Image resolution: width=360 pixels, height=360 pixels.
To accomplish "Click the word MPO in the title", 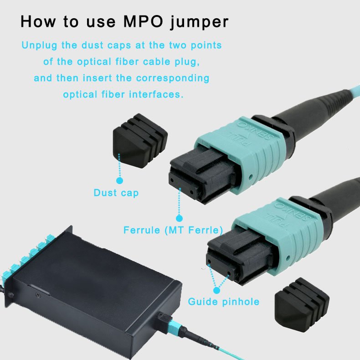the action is (x=143, y=21).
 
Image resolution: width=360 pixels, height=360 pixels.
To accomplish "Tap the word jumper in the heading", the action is (x=199, y=23).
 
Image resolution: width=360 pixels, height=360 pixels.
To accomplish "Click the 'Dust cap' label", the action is (x=116, y=193).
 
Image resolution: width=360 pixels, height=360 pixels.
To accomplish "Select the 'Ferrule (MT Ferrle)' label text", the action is (x=173, y=230).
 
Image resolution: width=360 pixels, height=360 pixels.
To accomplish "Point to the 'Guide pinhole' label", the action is (x=224, y=302).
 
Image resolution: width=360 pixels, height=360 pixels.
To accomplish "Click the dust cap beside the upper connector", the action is (x=140, y=140).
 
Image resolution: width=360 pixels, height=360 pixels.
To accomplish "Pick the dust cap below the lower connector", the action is (x=302, y=304).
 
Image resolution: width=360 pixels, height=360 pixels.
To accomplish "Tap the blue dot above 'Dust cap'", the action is (x=119, y=181).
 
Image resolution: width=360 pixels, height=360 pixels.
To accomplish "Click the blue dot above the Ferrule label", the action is (x=179, y=218).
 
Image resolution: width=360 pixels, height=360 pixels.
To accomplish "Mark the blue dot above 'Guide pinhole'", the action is (x=216, y=290).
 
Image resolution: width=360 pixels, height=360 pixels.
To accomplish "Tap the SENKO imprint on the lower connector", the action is (x=293, y=211).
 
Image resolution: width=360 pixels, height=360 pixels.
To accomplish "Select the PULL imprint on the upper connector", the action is (x=239, y=139).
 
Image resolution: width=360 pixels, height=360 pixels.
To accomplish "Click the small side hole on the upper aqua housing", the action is (x=251, y=177).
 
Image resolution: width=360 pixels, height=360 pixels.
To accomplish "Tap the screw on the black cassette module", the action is (x=38, y=295).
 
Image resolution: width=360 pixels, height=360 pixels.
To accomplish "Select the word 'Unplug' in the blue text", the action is (x=39, y=46).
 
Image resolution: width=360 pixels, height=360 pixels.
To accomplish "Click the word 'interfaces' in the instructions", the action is (x=156, y=94).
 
